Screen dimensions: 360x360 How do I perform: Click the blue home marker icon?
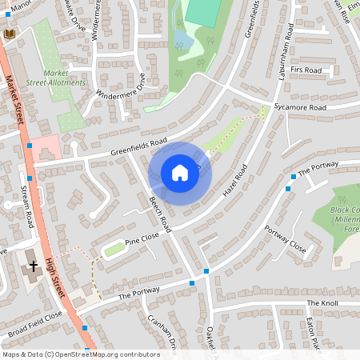(180, 173)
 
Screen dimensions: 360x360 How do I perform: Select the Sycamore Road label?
(300, 107)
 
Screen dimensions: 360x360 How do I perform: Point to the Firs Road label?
(306, 70)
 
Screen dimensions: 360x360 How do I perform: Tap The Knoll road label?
(322, 304)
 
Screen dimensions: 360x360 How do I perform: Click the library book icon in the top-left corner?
(10, 34)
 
